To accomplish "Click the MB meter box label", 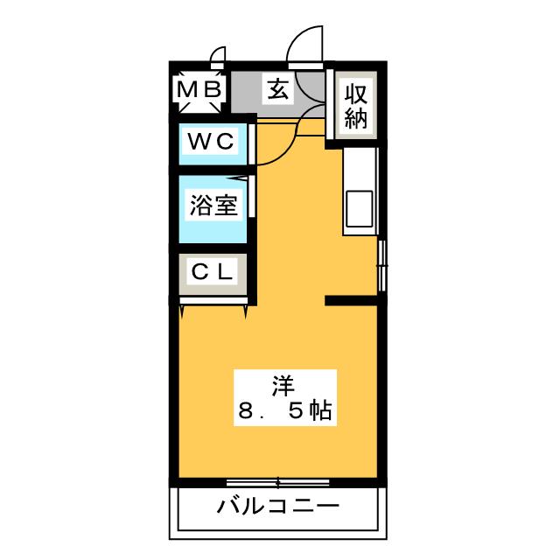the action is tap(199, 89).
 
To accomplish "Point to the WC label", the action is tap(211, 142).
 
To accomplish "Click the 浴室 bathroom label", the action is tap(213, 206).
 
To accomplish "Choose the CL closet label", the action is tap(212, 272).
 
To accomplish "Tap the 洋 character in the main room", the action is tap(283, 386).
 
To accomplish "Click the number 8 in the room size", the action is tap(246, 410).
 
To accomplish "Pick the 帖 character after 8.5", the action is tap(320, 410).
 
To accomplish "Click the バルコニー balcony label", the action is tap(278, 506).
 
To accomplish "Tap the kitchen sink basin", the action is tap(360, 209).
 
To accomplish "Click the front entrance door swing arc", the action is tap(304, 45).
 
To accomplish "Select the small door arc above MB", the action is tap(218, 55).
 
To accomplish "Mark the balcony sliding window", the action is tap(278, 483).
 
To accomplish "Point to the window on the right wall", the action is tap(382, 265).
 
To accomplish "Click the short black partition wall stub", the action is tap(351, 301).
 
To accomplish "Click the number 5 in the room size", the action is tap(296, 410).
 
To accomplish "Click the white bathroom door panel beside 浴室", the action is tap(252, 196).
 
